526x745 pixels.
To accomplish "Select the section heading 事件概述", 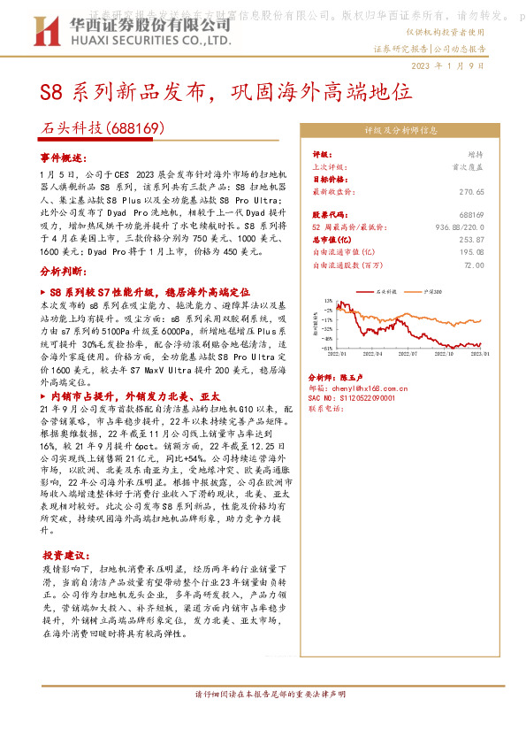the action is tap(64, 157).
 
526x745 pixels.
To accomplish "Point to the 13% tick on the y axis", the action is tap(327, 302).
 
